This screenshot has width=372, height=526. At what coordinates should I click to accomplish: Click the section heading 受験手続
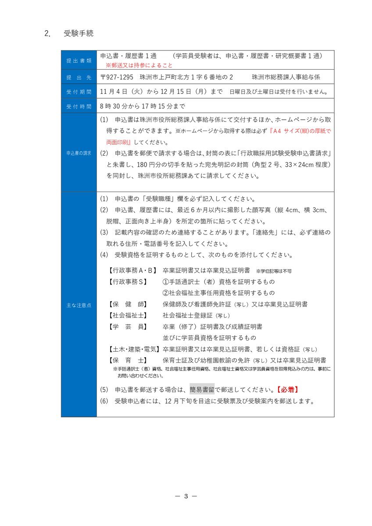coord(79,33)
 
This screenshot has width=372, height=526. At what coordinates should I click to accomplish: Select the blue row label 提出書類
coord(79,60)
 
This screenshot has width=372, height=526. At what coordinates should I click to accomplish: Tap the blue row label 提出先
coord(79,78)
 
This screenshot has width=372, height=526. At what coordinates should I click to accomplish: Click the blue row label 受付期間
coord(79,92)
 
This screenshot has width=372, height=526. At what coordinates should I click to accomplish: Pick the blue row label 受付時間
coord(79,107)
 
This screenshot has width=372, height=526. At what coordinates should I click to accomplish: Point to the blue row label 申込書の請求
coord(79,153)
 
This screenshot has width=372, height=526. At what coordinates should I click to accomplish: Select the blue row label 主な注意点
coord(79,305)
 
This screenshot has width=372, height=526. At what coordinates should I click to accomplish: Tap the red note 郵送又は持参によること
coord(139,65)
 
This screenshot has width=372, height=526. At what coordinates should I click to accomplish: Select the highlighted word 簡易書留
coord(202,389)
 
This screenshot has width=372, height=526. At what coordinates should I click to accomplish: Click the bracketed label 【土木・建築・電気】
coord(134,349)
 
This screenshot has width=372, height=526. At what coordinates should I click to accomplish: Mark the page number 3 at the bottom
coord(186,496)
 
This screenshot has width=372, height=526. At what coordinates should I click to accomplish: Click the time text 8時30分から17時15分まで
coord(143,106)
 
